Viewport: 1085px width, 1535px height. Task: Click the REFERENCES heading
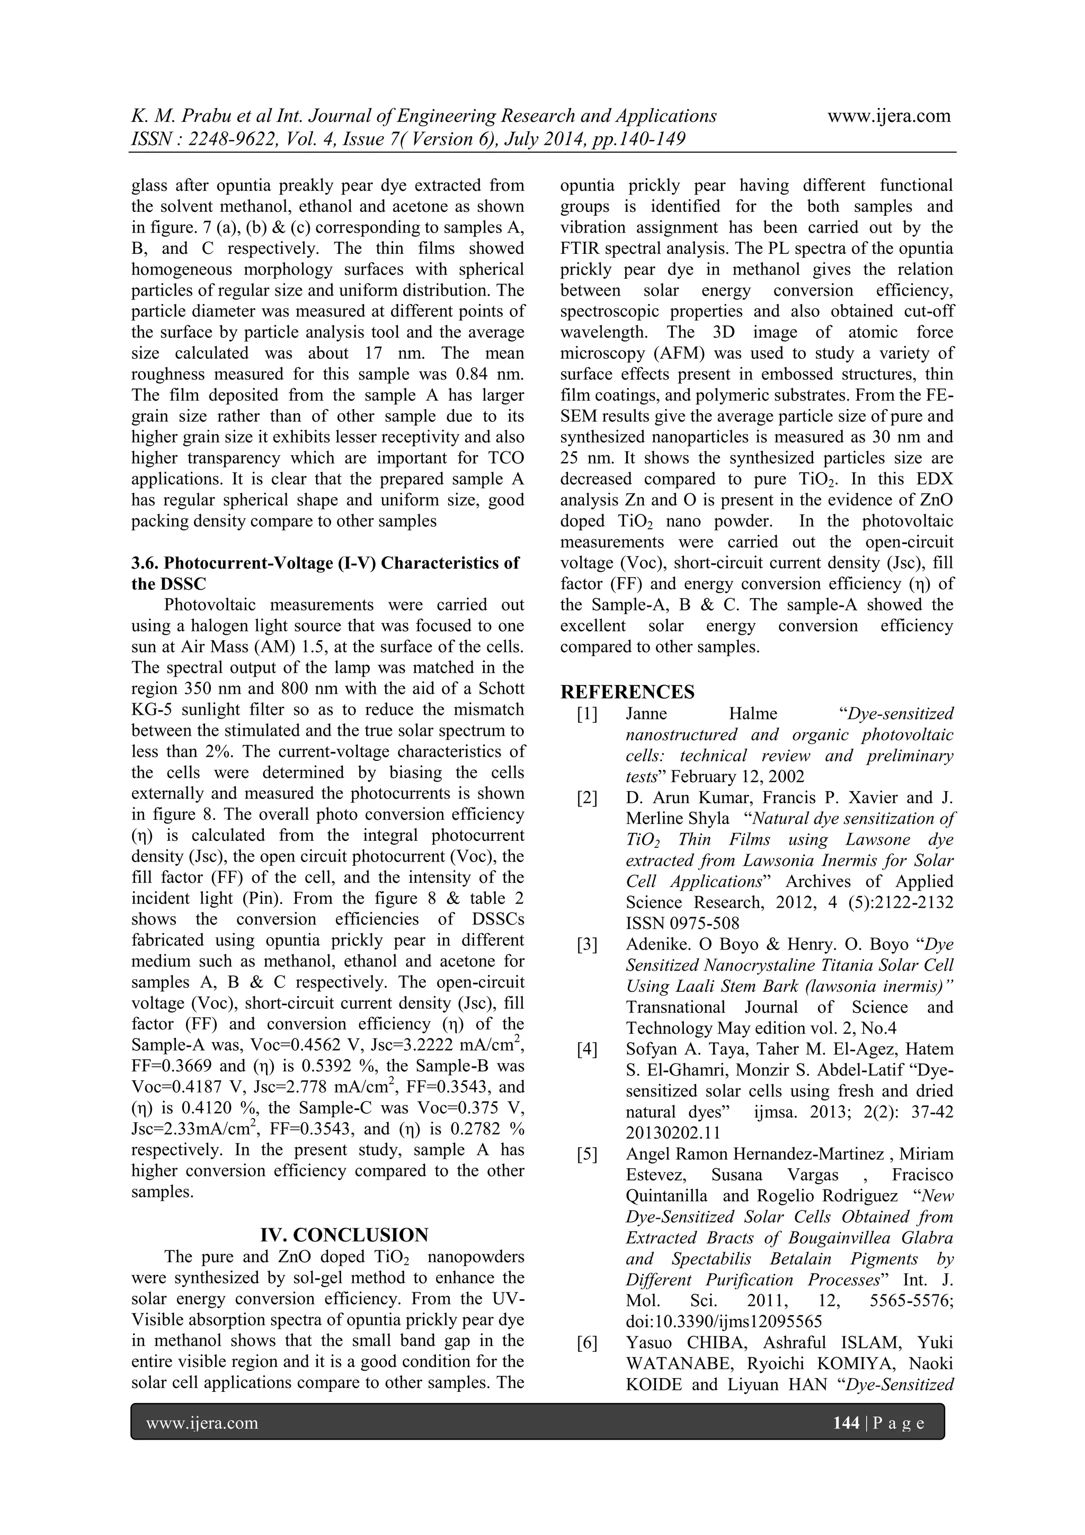627,691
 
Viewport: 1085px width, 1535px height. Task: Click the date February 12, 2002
737,776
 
